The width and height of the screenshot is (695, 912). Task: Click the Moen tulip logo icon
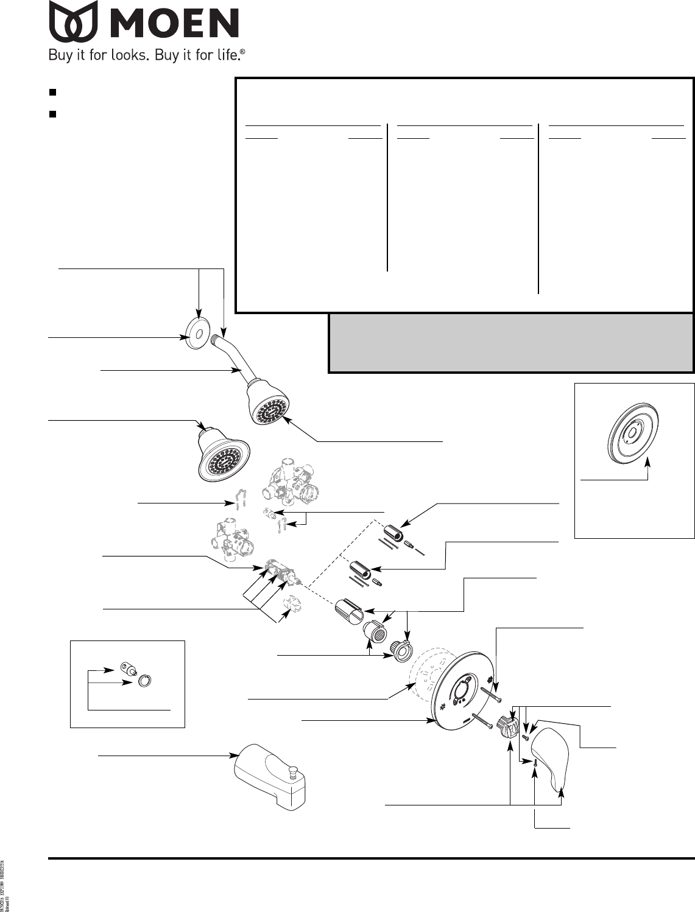(73, 20)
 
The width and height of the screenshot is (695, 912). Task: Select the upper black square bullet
(52, 93)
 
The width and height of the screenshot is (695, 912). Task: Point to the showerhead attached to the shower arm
(268, 402)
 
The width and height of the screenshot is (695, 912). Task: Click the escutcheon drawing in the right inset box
(635, 434)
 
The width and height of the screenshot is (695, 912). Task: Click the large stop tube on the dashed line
(350, 611)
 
